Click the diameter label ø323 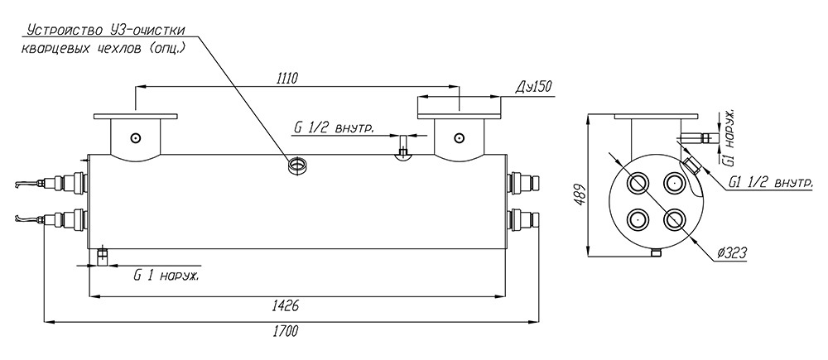pos(732,253)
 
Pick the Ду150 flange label pos(534,87)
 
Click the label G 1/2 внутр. pos(335,127)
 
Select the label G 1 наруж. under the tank pos(166,276)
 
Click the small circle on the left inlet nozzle pos(137,138)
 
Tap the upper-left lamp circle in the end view pos(638,183)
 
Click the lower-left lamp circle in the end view pos(638,218)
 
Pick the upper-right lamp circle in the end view pos(673,183)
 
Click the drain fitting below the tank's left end pos(103,257)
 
